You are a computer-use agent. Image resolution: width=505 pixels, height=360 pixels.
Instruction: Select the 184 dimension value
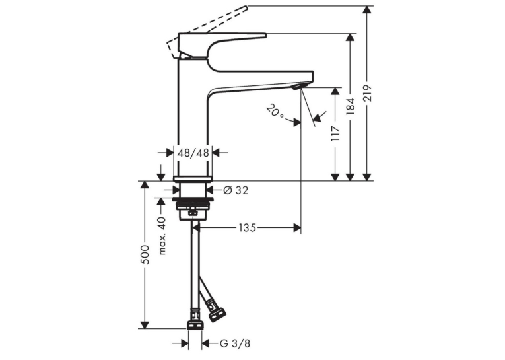pos(351,106)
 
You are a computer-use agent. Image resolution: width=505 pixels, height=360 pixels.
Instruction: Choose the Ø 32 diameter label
pos(236,190)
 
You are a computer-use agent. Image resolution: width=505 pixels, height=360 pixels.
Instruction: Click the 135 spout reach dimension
pos(248,228)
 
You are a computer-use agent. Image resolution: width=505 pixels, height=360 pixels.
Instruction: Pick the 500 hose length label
pos(146,254)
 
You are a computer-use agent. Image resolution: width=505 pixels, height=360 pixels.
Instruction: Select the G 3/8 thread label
pos(235,343)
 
